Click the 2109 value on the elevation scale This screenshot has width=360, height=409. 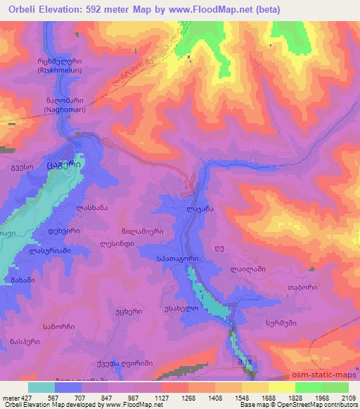click(347, 398)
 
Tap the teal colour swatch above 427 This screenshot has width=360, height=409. click(41, 387)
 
